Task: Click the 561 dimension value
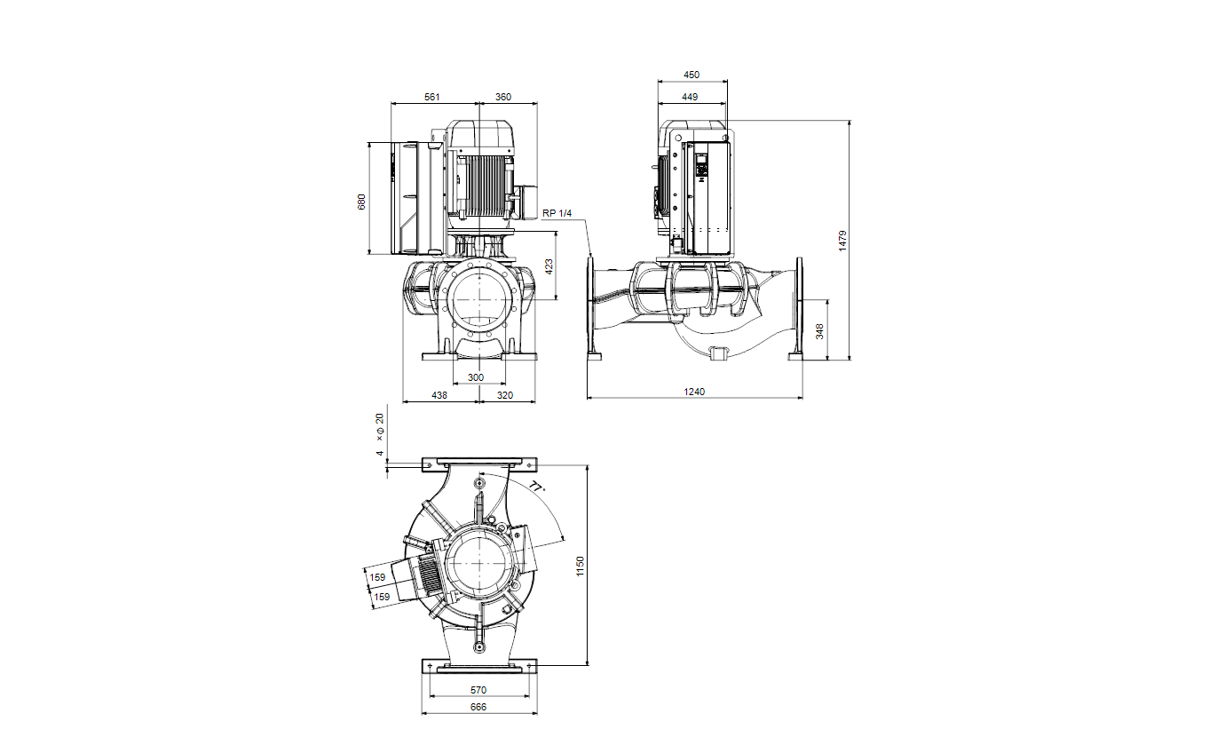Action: pyautogui.click(x=432, y=97)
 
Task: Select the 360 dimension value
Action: pyautogui.click(x=503, y=97)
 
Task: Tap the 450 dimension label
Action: pyautogui.click(x=692, y=75)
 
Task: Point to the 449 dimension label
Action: pyautogui.click(x=690, y=97)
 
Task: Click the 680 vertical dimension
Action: pyautogui.click(x=361, y=202)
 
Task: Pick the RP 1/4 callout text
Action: pyautogui.click(x=557, y=213)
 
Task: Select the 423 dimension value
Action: pyautogui.click(x=549, y=267)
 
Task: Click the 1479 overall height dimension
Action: pyautogui.click(x=842, y=241)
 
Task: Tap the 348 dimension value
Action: pyautogui.click(x=819, y=331)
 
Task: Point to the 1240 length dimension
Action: pyautogui.click(x=694, y=392)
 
